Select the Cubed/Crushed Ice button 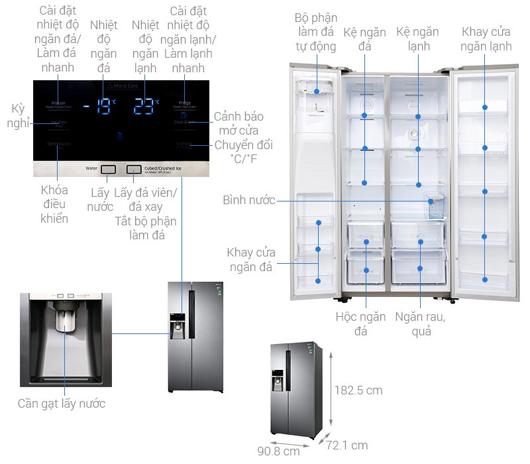pyautogui.click(x=134, y=170)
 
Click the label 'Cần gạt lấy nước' pyautogui.click(x=62, y=403)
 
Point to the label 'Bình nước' pyautogui.click(x=249, y=200)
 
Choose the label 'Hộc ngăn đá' pyautogui.click(x=360, y=323)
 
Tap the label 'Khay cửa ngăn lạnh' pyautogui.click(x=487, y=38)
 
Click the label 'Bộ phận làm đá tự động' pyautogui.click(x=316, y=32)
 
